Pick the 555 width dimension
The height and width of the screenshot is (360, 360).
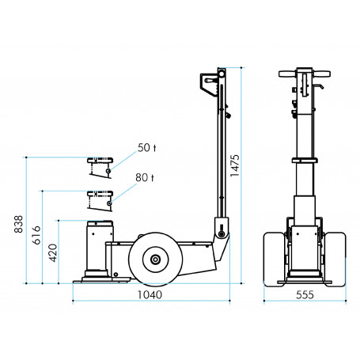point(304,296)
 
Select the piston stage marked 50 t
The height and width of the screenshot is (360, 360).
point(100,167)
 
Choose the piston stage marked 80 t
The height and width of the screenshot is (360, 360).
point(100,199)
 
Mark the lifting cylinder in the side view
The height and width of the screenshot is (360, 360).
point(100,249)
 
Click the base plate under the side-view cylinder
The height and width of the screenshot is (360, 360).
point(100,279)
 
